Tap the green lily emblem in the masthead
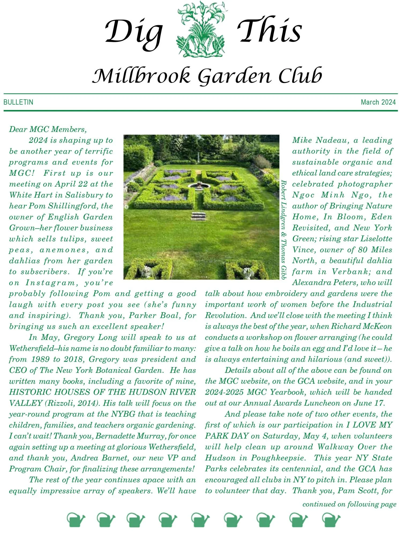pos(200,29)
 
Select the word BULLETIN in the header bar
pos(18,102)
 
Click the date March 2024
pos(378,102)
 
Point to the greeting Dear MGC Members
pos(48,129)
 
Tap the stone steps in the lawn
pos(199,216)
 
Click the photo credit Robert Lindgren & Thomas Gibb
pos(284,230)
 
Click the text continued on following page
pos(349,504)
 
